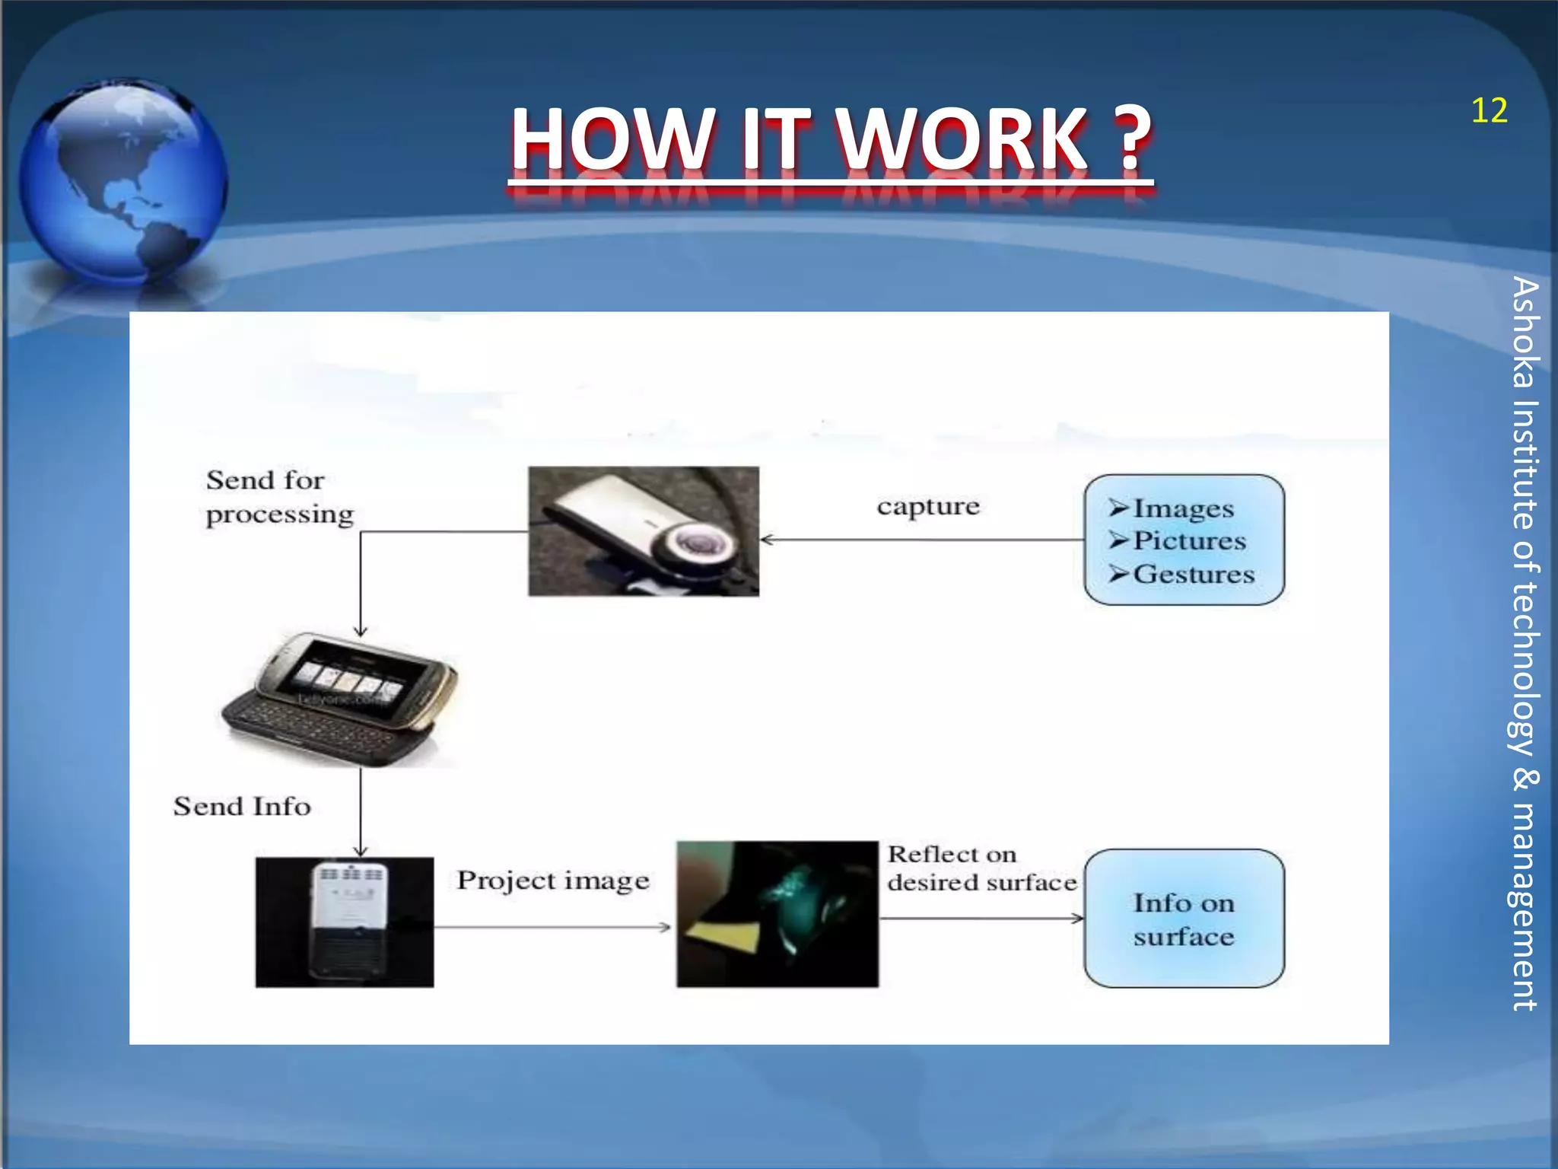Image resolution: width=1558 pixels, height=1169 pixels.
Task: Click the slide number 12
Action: tap(1489, 111)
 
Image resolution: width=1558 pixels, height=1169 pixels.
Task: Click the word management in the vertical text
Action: tap(1525, 905)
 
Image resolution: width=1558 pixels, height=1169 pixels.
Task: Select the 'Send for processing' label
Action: tap(279, 497)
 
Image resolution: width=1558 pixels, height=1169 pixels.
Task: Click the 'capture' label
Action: tap(927, 506)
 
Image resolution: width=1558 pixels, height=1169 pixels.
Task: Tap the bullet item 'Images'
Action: tap(1183, 508)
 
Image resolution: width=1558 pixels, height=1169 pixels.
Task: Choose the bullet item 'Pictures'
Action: tap(1189, 541)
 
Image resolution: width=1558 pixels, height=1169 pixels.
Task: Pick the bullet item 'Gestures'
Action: tap(1193, 575)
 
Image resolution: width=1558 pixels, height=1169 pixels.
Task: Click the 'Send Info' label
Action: tap(242, 807)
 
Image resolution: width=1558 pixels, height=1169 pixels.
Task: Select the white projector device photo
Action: tap(345, 922)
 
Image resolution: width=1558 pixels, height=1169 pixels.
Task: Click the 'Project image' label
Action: tap(553, 881)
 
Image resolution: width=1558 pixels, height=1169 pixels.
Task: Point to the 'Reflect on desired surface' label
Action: tap(981, 868)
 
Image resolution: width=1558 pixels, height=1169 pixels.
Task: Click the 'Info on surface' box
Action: tap(1184, 919)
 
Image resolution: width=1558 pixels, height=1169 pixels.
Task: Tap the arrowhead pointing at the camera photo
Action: tap(767, 540)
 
